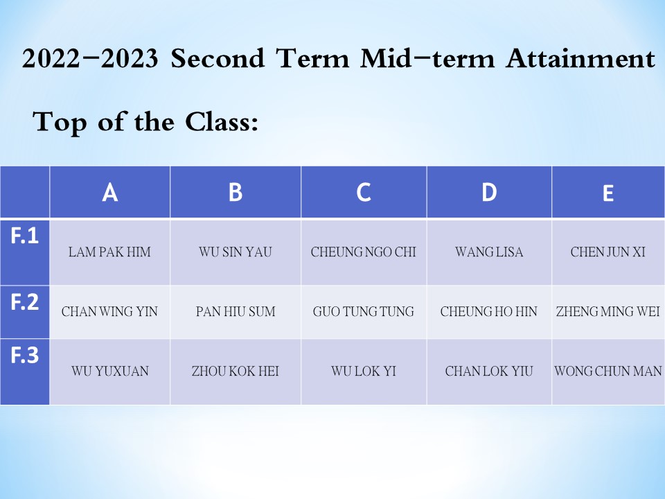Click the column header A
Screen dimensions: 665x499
[x=110, y=192]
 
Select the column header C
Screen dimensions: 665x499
[x=364, y=192]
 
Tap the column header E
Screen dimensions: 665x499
[x=608, y=193]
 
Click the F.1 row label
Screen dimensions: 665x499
[x=25, y=236]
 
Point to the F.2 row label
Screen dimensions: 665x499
[x=25, y=301]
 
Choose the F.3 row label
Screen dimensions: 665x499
[x=25, y=355]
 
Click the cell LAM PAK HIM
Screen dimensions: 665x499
[x=110, y=252]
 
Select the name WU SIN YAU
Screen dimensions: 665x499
[x=236, y=252]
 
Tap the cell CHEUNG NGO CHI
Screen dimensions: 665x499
[x=364, y=252]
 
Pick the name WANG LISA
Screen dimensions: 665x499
[x=489, y=252]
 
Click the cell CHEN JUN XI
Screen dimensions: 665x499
[x=608, y=252]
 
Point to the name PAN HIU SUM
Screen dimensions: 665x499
[x=236, y=312]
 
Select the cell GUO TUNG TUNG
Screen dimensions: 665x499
[x=364, y=312]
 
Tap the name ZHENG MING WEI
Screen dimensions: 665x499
[x=608, y=312]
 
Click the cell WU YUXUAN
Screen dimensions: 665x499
[x=110, y=371]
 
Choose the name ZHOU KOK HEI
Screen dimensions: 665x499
[x=236, y=371]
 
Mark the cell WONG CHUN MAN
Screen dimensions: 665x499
[x=608, y=371]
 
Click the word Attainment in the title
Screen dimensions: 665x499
[x=580, y=58]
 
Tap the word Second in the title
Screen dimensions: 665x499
[x=218, y=58]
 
